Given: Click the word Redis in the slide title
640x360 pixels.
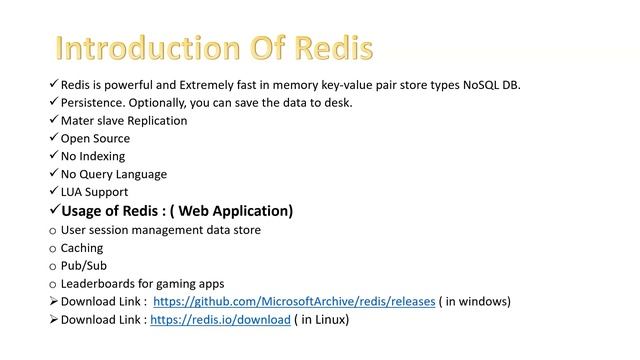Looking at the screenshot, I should tap(331, 49).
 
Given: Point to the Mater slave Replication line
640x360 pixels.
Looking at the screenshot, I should tap(124, 121).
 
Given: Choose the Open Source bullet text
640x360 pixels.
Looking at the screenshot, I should tap(96, 139).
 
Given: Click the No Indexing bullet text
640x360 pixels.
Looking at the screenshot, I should tap(93, 156).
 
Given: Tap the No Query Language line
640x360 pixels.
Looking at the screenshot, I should tap(114, 174).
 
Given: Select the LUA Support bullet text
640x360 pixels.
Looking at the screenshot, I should tap(94, 192).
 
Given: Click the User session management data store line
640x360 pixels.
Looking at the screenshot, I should tap(161, 230).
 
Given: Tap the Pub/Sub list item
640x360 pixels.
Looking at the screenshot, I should tap(84, 266).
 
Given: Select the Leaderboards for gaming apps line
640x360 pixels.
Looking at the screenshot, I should tap(143, 284).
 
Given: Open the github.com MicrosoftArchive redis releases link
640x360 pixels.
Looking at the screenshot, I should tap(293, 302).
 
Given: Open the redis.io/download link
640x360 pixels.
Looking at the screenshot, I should tap(221, 320).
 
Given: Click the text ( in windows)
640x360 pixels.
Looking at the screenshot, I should tap(475, 302).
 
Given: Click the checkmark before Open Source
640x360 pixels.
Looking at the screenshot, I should tap(53, 138).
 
